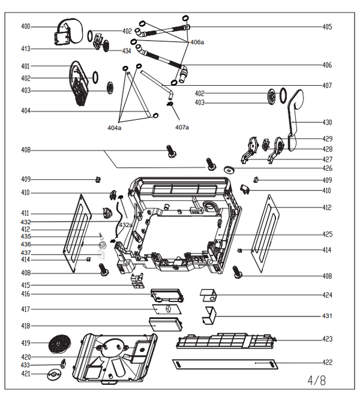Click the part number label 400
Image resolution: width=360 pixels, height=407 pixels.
click(25, 26)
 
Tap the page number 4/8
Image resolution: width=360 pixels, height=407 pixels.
click(317, 380)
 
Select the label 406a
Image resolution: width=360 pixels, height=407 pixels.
click(197, 43)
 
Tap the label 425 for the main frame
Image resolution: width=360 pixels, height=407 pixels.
click(327, 234)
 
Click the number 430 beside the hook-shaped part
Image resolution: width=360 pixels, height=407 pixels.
click(327, 122)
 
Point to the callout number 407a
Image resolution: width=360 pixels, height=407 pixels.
click(182, 128)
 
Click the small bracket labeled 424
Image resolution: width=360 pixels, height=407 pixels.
click(208, 295)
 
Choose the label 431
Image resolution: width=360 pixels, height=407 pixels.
click(327, 316)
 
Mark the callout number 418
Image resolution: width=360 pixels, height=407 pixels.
click(25, 325)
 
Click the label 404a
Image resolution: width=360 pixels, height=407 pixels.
click(114, 128)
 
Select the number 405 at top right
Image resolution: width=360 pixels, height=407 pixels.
click(327, 27)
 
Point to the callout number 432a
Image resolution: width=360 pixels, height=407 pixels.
click(125, 225)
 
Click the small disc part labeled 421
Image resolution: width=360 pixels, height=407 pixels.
click(54, 375)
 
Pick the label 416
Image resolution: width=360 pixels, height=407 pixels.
click(25, 294)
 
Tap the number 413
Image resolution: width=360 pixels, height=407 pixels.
click(25, 49)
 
